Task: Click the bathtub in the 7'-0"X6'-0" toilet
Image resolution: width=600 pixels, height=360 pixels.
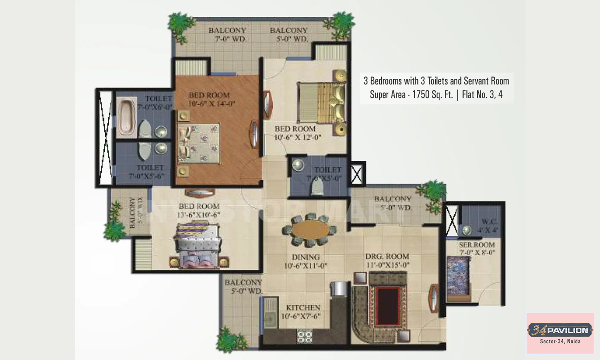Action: tap(127, 117)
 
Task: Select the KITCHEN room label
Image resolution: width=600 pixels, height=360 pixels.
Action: tap(303, 308)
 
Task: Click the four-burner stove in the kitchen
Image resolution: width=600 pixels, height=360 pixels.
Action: tap(304, 336)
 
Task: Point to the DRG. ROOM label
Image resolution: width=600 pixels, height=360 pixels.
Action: tap(387, 256)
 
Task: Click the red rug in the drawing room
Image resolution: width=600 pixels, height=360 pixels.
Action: tap(388, 306)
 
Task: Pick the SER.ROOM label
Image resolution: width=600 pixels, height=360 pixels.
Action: tap(476, 245)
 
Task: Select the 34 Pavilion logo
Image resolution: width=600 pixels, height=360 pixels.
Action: tap(560, 330)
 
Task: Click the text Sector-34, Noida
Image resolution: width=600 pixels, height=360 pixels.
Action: tap(560, 341)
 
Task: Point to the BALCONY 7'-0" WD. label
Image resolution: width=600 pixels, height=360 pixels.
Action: tap(228, 34)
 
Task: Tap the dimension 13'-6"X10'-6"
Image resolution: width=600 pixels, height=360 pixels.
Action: tap(199, 215)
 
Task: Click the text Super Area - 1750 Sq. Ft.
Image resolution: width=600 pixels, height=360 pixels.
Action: tap(411, 95)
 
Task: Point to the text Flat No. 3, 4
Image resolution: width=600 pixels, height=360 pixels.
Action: tap(482, 95)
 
